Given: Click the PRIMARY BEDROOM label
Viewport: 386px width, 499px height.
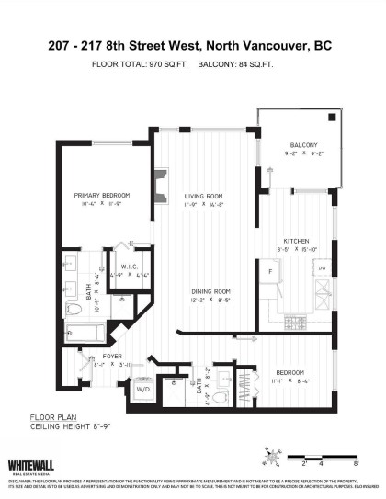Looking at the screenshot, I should click(x=102, y=195).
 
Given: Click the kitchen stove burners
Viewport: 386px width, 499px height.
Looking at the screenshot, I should click(x=296, y=321).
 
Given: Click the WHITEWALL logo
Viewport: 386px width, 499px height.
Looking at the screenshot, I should click(x=33, y=466).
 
